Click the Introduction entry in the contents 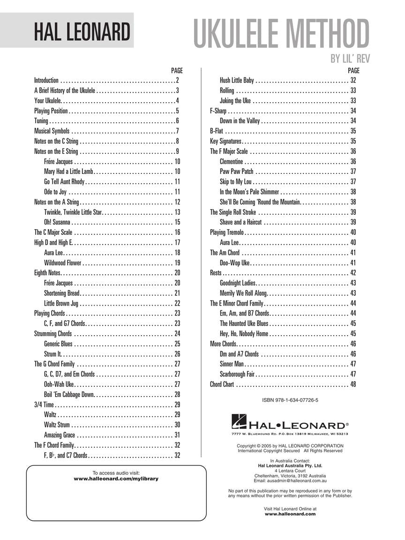pos(46,81)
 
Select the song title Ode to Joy pos(55,192)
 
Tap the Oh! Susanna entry pos(57,222)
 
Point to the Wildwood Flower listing pos(62,263)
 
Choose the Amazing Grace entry pos(60,435)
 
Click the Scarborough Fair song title pos(237,374)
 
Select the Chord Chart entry pos(222,384)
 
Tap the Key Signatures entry pos(225,141)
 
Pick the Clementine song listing pos(231,161)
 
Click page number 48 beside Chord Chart pos(353,384)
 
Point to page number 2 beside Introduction pos(178,81)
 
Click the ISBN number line pos(290,400)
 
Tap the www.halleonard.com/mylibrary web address pos(116,479)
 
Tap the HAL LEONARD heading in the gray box pos(81,32)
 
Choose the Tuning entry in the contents pos(41,121)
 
